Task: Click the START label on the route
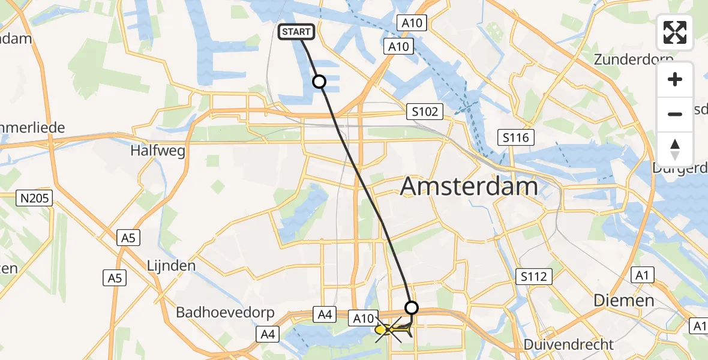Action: (x=296, y=32)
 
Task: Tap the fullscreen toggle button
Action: (x=675, y=32)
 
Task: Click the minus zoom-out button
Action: (x=675, y=114)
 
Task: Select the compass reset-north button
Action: (x=675, y=149)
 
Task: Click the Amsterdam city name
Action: (x=469, y=187)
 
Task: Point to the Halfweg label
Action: (x=157, y=151)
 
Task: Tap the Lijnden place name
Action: (x=171, y=265)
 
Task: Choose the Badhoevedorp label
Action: (x=225, y=313)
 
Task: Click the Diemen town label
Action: (x=623, y=301)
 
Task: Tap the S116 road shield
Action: (x=516, y=138)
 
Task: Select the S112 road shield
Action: (x=533, y=277)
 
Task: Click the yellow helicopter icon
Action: (x=388, y=329)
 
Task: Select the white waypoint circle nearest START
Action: (x=319, y=82)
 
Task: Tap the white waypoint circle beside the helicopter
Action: (x=412, y=308)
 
